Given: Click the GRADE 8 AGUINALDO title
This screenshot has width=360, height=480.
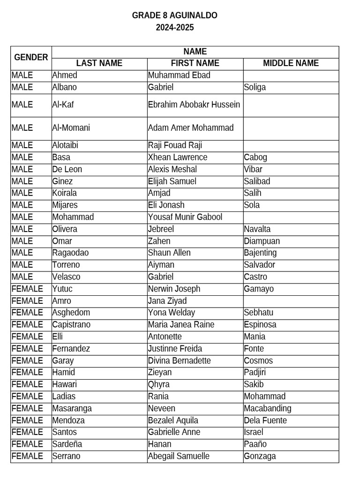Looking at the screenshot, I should [x=174, y=15].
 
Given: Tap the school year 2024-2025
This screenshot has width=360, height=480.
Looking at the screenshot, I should [x=174, y=28].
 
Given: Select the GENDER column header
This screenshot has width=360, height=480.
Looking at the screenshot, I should [x=31, y=58].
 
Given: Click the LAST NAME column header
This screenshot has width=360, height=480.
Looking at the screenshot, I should [x=99, y=63].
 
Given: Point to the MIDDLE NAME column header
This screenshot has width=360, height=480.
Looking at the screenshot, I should [x=291, y=63].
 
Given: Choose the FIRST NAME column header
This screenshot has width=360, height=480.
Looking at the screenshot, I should [x=195, y=63].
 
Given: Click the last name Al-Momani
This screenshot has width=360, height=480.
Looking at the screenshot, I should [x=71, y=127].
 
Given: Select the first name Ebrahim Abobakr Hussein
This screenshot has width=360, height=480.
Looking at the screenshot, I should [x=194, y=105].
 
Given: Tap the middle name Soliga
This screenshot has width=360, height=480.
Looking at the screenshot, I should [x=255, y=87].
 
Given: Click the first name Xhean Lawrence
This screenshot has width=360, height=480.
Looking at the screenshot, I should [x=177, y=157].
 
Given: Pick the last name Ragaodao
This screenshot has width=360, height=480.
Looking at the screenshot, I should [x=70, y=253].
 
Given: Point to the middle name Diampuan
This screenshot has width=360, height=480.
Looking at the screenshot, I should [x=262, y=241].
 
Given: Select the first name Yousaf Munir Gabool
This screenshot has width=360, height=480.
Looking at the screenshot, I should [x=185, y=217].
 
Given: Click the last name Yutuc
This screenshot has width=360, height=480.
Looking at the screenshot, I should [x=62, y=289].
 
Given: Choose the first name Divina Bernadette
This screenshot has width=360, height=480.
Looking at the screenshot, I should [x=179, y=360].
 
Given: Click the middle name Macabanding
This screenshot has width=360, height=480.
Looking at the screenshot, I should [x=268, y=408].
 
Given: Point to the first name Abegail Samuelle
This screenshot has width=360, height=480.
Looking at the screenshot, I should [x=179, y=456].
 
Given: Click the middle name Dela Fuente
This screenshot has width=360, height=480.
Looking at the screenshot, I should [x=265, y=420].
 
